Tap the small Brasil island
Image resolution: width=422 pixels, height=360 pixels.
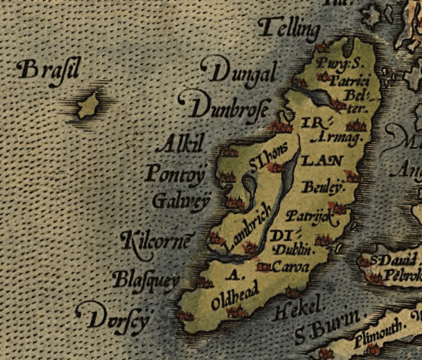tap(89, 104)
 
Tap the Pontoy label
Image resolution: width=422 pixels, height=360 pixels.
tap(175, 172)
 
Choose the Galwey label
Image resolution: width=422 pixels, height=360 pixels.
tap(181, 201)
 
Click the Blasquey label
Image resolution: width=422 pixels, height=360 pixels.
tap(145, 280)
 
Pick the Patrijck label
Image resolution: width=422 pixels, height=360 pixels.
tap(309, 215)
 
